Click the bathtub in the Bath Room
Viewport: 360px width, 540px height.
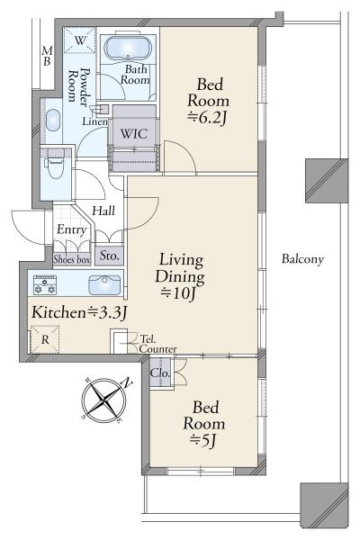coord(127,48)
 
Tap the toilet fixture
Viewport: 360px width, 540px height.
coord(55,163)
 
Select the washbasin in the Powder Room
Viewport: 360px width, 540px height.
coord(53,121)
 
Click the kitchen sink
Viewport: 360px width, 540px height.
coord(104,284)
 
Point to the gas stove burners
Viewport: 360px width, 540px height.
coord(45,284)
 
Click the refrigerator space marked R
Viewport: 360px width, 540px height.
coord(45,339)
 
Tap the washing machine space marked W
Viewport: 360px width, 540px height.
coord(79,40)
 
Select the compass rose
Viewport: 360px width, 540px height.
coord(104,400)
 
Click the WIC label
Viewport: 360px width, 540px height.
coord(134,133)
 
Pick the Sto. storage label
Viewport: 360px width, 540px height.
coord(109,256)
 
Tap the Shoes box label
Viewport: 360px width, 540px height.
coord(72,259)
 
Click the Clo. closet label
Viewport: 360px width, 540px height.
coord(160,373)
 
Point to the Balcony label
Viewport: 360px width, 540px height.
coord(302,259)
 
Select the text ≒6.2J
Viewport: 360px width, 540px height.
coord(207,118)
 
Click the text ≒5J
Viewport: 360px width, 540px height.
coord(203,440)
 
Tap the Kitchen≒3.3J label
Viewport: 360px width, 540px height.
coord(79,312)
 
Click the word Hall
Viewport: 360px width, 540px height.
coord(103,211)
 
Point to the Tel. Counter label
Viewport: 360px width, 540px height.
coord(157,344)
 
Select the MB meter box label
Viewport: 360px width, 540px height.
coord(47,56)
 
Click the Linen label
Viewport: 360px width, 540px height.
coord(94,121)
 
